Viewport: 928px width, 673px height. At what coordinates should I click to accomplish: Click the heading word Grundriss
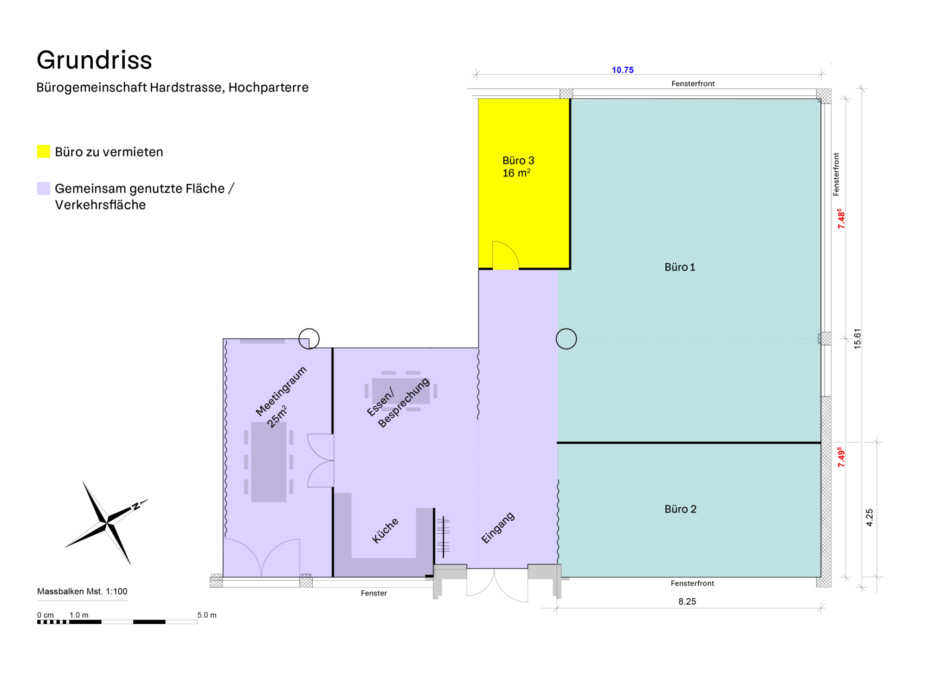tap(94, 60)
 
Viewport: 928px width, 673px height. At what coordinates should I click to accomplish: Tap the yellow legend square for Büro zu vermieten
tap(44, 151)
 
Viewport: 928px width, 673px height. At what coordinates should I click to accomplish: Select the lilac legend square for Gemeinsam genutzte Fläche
tap(44, 188)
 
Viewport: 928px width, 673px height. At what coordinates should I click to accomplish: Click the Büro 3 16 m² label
tap(518, 167)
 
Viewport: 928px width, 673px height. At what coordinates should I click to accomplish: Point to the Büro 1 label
tap(679, 267)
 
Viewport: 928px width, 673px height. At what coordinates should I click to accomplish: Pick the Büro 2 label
tap(680, 509)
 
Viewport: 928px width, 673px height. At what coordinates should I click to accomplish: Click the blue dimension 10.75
tap(622, 70)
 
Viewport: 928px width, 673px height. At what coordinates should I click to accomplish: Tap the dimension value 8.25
tap(687, 602)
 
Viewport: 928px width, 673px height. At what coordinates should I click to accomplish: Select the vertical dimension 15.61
tap(857, 339)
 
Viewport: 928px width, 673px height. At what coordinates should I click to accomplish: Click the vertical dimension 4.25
tap(869, 518)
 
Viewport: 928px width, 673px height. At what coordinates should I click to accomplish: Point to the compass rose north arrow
tap(107, 523)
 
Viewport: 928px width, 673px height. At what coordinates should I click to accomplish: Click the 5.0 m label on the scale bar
tap(206, 615)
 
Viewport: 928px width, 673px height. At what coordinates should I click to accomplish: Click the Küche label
tap(385, 531)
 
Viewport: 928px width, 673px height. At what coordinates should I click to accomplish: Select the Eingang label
tap(498, 528)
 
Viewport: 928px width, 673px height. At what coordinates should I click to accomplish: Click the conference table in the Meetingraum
tap(269, 462)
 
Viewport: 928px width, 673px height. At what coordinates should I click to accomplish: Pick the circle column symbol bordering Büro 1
tap(566, 339)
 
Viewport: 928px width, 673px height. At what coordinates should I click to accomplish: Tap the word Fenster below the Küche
tap(374, 593)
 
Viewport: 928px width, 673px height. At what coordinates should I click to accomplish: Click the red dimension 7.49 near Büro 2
tap(841, 457)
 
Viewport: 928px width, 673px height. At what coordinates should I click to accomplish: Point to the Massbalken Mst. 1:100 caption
tap(82, 591)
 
